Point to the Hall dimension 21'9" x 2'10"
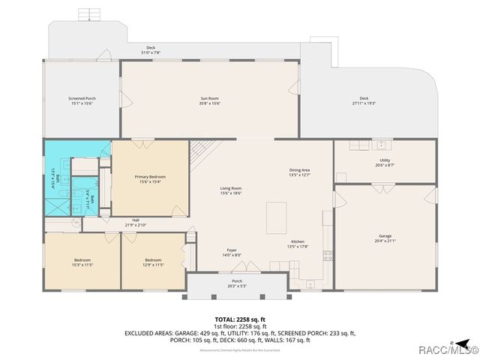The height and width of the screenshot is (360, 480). [x=136, y=225]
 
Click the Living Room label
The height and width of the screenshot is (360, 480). [x=230, y=190]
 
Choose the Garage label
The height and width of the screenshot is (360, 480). [x=384, y=238]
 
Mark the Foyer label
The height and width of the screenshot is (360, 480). [x=232, y=252]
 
